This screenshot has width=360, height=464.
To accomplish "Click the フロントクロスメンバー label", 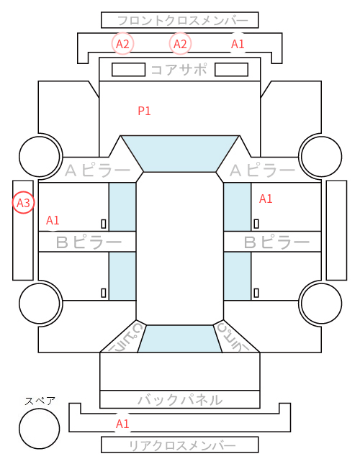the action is point(183,21).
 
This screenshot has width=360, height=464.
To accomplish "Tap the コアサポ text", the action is point(179,70).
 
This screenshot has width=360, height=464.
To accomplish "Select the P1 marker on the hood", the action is point(145,111).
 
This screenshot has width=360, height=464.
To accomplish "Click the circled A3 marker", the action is point(23,203).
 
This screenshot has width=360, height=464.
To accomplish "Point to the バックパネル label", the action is point(180,400).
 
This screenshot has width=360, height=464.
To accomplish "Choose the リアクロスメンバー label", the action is point(183,445).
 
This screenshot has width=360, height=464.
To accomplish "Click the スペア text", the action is point(40,401).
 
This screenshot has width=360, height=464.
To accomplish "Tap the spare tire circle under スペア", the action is point(40,428).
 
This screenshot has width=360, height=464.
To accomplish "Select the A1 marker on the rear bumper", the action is point(122,424).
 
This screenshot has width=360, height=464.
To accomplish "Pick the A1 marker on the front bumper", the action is point(238,44).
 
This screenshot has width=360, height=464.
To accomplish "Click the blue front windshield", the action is point(180,153).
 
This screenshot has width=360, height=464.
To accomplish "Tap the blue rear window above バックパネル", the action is point(180,339).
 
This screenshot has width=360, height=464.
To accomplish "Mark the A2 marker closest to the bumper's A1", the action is point(180,44).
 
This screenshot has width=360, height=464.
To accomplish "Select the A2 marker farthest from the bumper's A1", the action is point(122,44).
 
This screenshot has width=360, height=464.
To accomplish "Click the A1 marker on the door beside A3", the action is point(53,220).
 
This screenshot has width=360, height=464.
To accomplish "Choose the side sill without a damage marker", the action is point(336,230).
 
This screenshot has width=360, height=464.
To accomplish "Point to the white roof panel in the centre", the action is point(180,249).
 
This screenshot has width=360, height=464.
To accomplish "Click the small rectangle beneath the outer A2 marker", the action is point(128,70).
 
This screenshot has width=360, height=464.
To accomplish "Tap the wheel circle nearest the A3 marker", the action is point(40,156).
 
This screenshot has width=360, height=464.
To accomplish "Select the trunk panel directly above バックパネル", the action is point(180,371).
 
